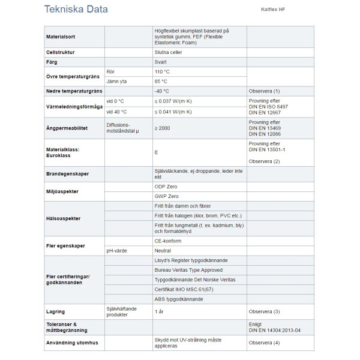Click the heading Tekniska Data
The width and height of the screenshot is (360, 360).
tap(76, 10)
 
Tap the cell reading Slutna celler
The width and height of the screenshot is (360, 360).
tap(169, 52)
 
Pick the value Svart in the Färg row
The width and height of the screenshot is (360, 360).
tap(160, 62)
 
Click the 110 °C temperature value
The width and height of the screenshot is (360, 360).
tap(162, 71)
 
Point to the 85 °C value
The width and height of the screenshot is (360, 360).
tap(161, 81)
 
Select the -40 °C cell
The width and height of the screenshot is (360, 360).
tap(161, 91)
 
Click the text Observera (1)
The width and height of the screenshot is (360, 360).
tap(264, 91)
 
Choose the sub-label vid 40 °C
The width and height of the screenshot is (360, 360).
tap(116, 112)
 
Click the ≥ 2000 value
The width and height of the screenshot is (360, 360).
tap(162, 128)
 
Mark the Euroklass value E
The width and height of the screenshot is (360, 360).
tap(156, 152)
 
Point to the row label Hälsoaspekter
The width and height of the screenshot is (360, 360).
tap(64, 218)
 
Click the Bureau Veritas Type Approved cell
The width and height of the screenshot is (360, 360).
tap(188, 270)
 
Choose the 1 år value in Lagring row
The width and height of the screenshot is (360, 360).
tap(160, 311)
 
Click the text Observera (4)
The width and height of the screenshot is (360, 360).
tap(264, 342)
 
